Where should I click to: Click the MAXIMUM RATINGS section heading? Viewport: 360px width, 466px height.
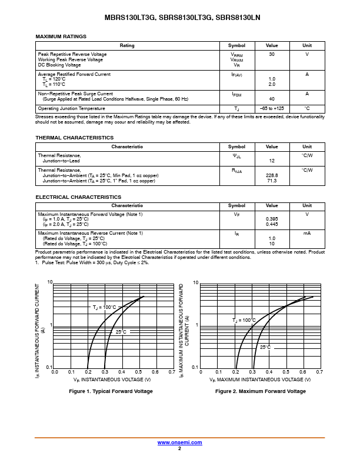pyautogui.click(x=61, y=36)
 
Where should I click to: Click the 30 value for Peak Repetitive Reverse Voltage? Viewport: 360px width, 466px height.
pyautogui.click(x=272, y=54)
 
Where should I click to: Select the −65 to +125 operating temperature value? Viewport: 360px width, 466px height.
pyautogui.click(x=272, y=109)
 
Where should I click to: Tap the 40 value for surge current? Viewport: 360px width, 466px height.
pyautogui.click(x=272, y=99)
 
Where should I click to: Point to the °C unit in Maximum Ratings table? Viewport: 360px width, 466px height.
pyautogui.click(x=307, y=109)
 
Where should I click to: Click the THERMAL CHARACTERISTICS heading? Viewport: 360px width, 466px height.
pyautogui.click(x=74, y=138)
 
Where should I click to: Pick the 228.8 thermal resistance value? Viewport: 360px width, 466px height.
pyautogui.click(x=272, y=175)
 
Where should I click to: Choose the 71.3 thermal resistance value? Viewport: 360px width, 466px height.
pyautogui.click(x=272, y=181)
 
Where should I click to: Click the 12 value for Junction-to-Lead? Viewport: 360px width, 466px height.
pyautogui.click(x=272, y=161)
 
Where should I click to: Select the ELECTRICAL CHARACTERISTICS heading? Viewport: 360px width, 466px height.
pyautogui.click(x=78, y=197)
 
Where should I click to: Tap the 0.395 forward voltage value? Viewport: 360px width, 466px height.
pyautogui.click(x=272, y=219)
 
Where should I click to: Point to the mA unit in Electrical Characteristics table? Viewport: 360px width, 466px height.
pyautogui.click(x=307, y=234)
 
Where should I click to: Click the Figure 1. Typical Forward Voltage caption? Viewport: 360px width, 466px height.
pyautogui.click(x=111, y=391)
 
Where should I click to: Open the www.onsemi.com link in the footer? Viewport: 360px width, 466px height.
pyautogui.click(x=179, y=442)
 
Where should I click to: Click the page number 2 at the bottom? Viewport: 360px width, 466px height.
pyautogui.click(x=179, y=448)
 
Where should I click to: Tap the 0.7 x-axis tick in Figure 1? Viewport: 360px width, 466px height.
pyautogui.click(x=172, y=372)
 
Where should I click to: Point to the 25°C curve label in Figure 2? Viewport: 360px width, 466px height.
pyautogui.click(x=265, y=347)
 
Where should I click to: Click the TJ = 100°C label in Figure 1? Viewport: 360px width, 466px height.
pyautogui.click(x=104, y=307)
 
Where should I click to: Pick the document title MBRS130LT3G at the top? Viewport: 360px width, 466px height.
pyautogui.click(x=130, y=18)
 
